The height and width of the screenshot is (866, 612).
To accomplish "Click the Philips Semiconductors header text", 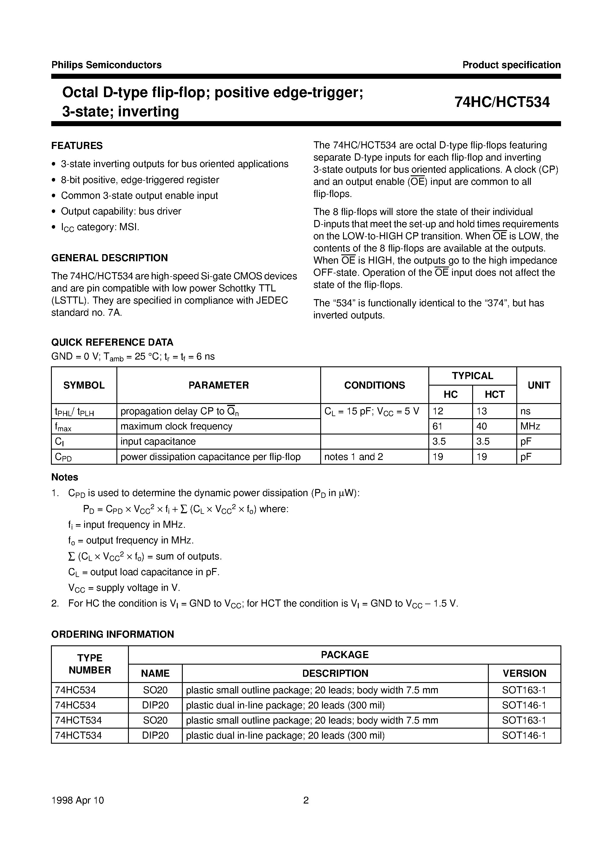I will click(106, 65).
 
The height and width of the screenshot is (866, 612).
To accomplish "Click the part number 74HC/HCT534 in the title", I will click(502, 102).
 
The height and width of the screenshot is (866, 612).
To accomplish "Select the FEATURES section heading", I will click(77, 146).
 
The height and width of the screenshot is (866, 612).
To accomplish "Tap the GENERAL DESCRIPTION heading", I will click(109, 258).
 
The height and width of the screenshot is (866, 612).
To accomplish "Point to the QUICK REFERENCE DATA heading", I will click(112, 342).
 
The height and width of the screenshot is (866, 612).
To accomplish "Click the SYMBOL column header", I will click(84, 385).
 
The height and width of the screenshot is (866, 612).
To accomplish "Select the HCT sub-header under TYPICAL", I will click(494, 394).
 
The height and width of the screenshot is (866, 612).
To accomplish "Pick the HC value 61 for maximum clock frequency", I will click(438, 426).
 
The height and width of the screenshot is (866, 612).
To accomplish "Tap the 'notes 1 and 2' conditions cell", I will click(353, 457).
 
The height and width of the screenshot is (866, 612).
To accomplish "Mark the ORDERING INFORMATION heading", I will click(113, 634).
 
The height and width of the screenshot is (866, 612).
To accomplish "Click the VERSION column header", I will click(524, 673).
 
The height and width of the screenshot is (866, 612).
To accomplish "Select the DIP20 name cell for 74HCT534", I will click(155, 735).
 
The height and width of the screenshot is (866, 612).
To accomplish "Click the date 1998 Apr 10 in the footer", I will click(77, 800).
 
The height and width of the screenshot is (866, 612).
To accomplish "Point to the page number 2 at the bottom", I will click(306, 800).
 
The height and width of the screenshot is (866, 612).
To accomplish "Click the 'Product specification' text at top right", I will click(511, 65).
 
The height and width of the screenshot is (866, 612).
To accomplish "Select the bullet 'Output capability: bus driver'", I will click(121, 211).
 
